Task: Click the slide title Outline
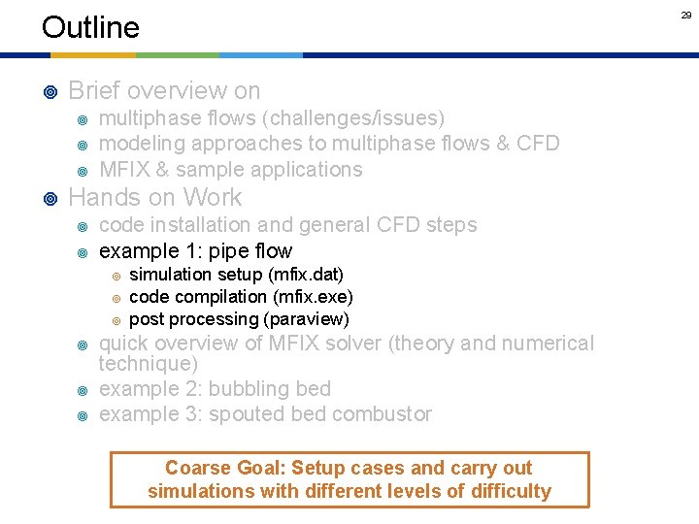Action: point(90,27)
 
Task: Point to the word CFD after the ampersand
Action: point(538,144)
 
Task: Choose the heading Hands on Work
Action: point(155,198)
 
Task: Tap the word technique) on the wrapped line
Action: point(149,364)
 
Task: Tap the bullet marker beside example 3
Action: point(83,415)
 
